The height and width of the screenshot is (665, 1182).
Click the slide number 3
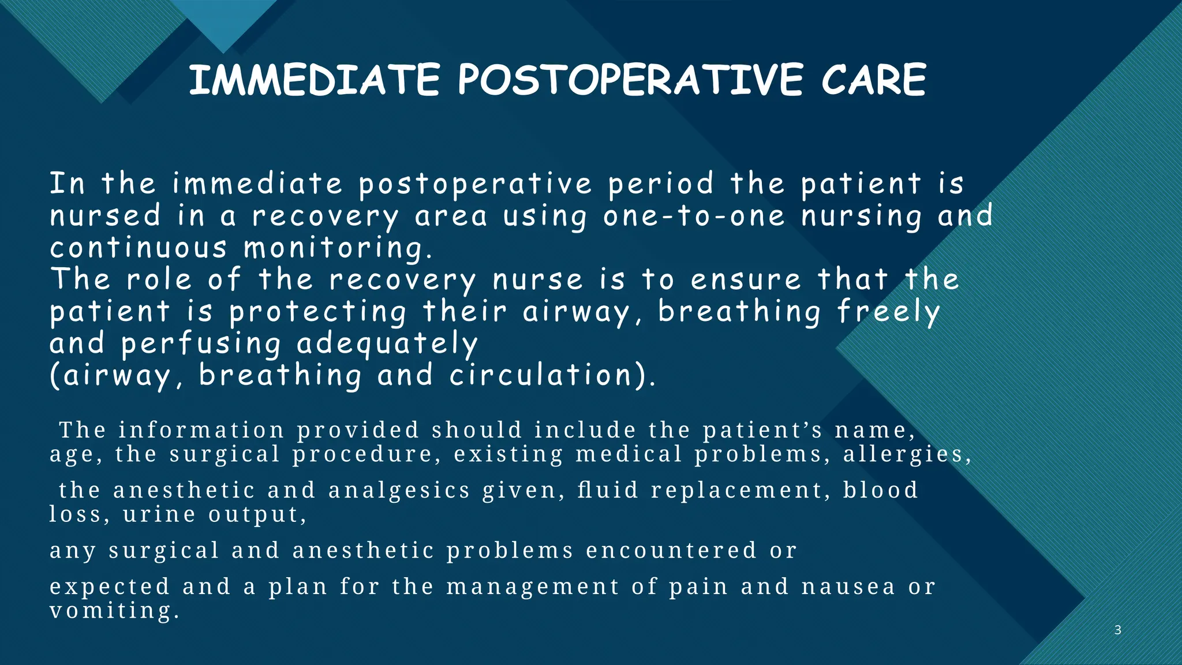tap(1117, 630)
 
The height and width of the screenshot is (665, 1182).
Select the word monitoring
tap(338, 248)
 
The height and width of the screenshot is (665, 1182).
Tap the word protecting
tap(318, 312)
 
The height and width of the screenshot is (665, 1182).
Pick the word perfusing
tap(201, 344)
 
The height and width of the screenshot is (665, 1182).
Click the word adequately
tap(387, 344)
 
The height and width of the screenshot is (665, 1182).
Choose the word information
tap(201, 430)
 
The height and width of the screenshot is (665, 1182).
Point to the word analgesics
tap(399, 490)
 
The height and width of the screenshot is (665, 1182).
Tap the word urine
tap(159, 514)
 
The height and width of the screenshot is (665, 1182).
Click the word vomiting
tap(114, 611)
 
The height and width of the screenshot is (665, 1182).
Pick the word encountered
tap(671, 550)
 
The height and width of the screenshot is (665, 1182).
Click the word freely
tap(889, 312)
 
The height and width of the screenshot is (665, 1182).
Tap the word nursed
tap(105, 216)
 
